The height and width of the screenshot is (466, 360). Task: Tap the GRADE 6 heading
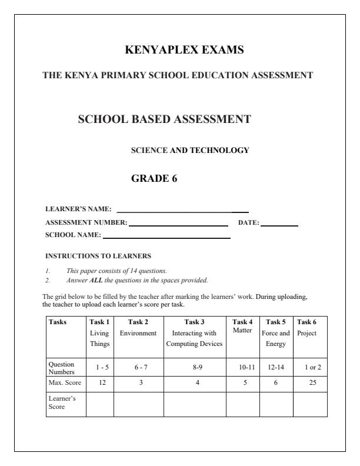click(154, 179)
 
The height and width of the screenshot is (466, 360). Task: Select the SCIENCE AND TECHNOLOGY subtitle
click(190, 150)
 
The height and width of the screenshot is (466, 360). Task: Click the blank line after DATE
click(279, 225)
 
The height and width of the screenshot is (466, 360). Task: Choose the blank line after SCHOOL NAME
click(166, 237)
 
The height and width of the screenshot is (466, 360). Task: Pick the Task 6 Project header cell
click(310, 328)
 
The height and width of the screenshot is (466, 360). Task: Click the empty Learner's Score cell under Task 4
click(242, 404)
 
